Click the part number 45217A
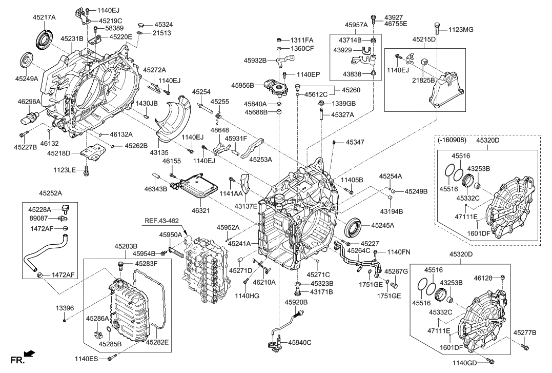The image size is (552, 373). point(44,17)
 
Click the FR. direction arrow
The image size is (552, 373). point(30,354)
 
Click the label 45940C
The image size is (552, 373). point(299,342)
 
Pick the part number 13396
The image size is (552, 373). point(65,308)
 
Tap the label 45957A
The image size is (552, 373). point(356,24)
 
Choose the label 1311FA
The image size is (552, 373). point(302,40)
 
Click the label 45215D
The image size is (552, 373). point(424,39)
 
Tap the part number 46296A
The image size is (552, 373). point(29,103)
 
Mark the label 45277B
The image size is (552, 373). point(524,333)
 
